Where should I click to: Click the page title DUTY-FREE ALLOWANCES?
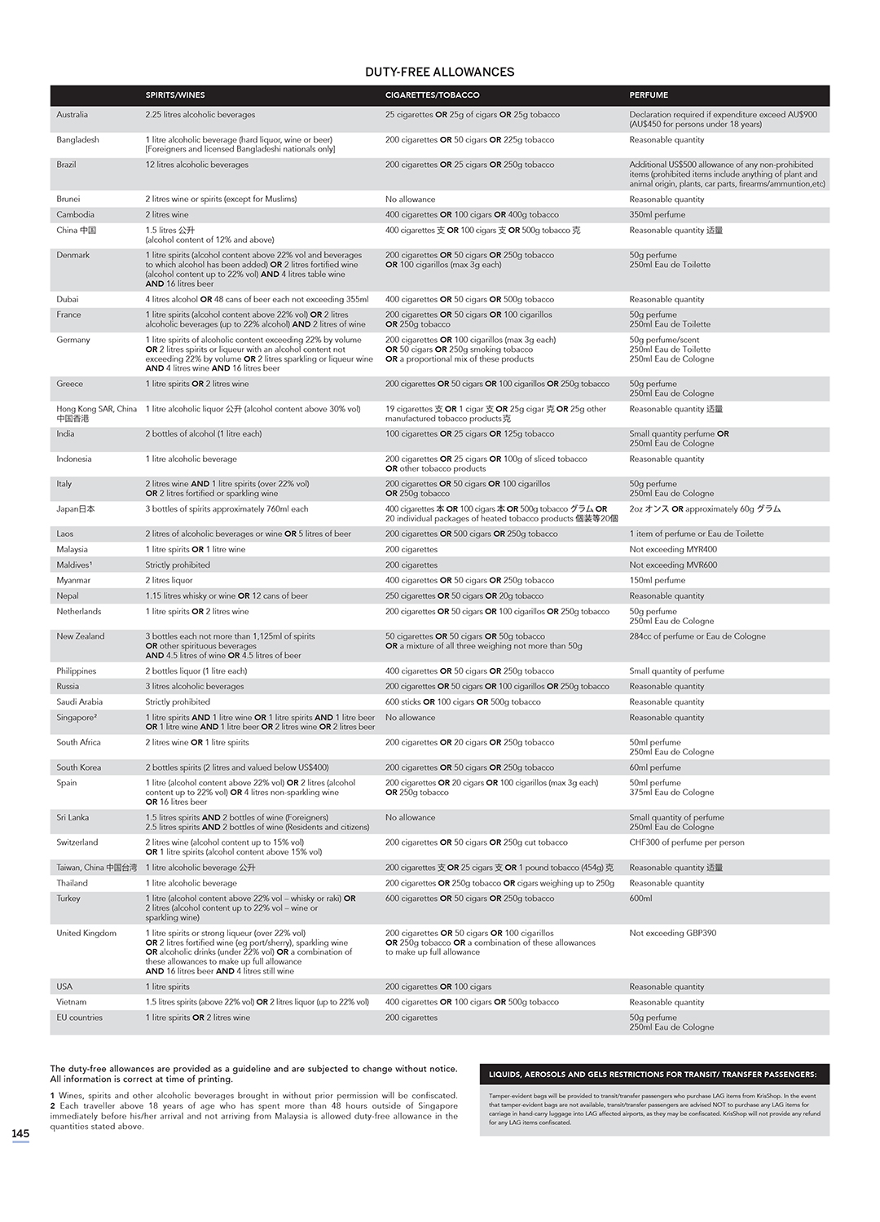click(x=439, y=72)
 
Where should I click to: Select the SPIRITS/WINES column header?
click(x=175, y=95)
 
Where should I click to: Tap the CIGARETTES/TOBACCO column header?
click(x=432, y=95)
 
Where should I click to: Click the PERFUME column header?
click(x=649, y=95)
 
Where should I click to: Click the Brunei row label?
click(x=68, y=199)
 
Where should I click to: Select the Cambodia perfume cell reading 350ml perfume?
click(x=657, y=215)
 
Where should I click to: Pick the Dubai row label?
click(x=68, y=299)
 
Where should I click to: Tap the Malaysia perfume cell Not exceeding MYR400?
click(x=673, y=550)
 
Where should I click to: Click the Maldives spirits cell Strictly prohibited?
click(x=178, y=565)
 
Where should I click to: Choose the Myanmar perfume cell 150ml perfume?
click(x=657, y=581)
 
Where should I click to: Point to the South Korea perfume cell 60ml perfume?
click(x=654, y=767)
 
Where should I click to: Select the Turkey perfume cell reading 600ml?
click(x=640, y=899)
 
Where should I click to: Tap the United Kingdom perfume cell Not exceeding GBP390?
click(x=672, y=934)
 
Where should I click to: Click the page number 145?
click(x=20, y=1133)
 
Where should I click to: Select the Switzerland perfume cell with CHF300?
click(x=686, y=842)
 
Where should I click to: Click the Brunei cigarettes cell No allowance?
click(x=410, y=199)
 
